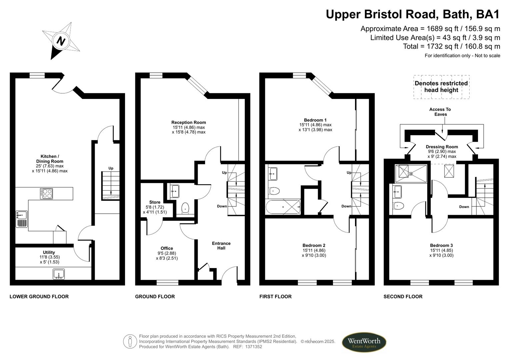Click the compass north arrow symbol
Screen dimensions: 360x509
(x=61, y=41)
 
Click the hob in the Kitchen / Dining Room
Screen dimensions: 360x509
(x=46, y=194)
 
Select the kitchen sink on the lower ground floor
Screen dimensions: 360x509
(x=22, y=219)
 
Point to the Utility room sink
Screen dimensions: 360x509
(x=59, y=274)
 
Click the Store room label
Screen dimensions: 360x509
(x=155, y=202)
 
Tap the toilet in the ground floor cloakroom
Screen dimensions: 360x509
(x=185, y=208)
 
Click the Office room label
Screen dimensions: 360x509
(x=167, y=248)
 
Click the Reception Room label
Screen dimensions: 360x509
(x=189, y=122)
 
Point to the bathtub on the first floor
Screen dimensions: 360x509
(x=283, y=207)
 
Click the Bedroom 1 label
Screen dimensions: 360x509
(x=315, y=120)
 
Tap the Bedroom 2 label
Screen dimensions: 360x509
(x=314, y=245)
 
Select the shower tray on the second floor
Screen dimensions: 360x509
(x=411, y=173)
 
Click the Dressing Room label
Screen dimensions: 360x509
(x=442, y=147)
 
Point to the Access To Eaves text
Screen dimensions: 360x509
(x=440, y=112)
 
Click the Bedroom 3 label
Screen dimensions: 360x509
(x=441, y=245)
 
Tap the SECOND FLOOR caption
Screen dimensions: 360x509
(x=403, y=296)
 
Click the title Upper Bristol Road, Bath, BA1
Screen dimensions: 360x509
(x=413, y=14)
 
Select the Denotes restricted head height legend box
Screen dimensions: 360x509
(x=441, y=87)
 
